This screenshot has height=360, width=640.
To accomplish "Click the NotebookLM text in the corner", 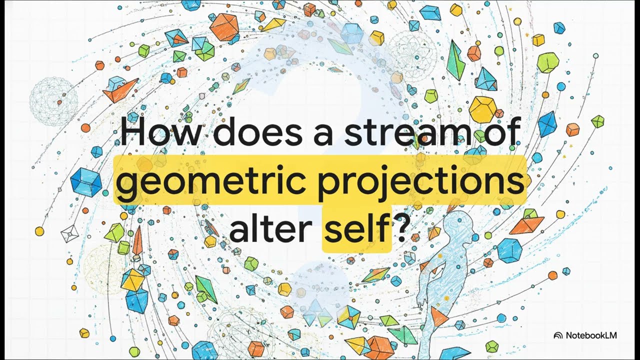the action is [591, 335].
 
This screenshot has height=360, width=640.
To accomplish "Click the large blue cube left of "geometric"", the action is [86, 182].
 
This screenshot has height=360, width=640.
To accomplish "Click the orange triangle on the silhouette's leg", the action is [438, 315].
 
